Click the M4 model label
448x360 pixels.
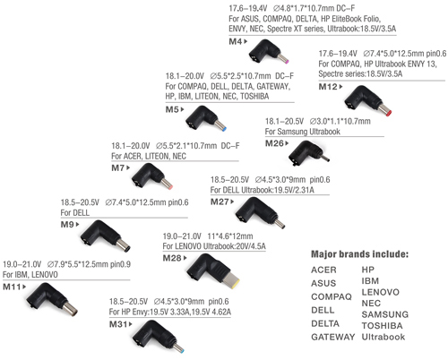pos(236,41)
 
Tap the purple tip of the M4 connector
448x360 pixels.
pos(287,62)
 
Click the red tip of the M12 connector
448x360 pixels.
pos(389,114)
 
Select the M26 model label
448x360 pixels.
pos(274,143)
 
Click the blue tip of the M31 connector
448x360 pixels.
pos(182,350)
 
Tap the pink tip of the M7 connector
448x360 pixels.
pos(170,187)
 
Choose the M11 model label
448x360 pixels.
pos(12,287)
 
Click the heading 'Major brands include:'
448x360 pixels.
pos(359,254)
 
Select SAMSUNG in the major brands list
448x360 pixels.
pos(385,314)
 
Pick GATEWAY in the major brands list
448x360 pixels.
pos(333,337)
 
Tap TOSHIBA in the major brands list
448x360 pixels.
pos(382,326)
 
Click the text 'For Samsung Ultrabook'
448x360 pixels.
pos(303,132)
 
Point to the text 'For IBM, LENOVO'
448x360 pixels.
pos(30,275)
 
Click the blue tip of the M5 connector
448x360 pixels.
pos(224,129)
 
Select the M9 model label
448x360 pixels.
pos(67,225)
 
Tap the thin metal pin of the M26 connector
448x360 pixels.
pos(325,158)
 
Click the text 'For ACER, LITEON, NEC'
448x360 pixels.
pos(149,157)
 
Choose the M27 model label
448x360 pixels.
pos(220,202)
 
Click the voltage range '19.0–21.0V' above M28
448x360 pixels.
pos(182,236)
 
